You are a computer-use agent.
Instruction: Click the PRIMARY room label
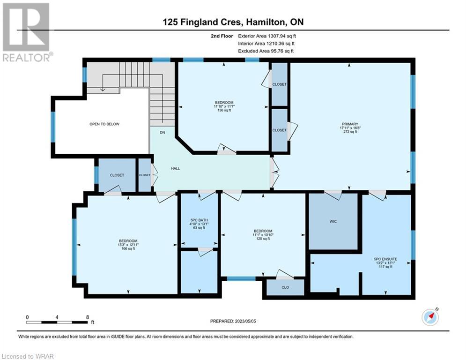point(350,124)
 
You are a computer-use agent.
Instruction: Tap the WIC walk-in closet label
point(333,221)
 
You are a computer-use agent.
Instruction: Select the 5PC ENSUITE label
point(385,259)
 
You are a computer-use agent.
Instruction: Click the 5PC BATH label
point(199,220)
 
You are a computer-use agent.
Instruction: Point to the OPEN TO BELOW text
point(104,124)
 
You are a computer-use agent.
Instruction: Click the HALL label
point(175,168)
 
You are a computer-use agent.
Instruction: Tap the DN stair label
point(162,132)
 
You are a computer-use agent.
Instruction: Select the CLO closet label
point(285,287)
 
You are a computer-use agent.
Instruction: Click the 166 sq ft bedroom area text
point(128,249)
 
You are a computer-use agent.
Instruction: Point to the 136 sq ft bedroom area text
point(224,110)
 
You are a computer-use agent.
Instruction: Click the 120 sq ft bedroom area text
point(263,239)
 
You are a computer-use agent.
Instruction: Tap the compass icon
point(430,317)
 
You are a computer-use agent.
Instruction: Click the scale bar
point(57,322)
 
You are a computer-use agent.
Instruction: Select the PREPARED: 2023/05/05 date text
point(233,321)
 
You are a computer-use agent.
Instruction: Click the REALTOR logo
point(27,32)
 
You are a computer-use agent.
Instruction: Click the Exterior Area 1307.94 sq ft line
point(267,36)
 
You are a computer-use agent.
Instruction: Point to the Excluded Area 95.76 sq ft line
point(266,51)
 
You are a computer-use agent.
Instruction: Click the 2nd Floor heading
point(222,36)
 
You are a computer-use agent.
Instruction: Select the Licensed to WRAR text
point(28,356)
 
